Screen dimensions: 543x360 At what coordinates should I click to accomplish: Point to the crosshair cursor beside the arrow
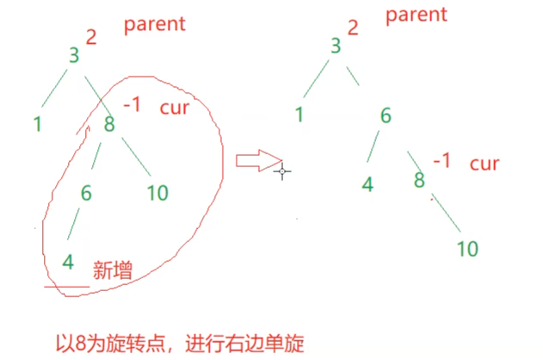click(x=282, y=171)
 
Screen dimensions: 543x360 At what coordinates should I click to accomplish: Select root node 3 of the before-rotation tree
click(x=74, y=56)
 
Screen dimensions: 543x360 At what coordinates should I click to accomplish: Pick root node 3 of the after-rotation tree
click(x=336, y=46)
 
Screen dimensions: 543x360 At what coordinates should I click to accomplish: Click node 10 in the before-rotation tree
click(x=157, y=191)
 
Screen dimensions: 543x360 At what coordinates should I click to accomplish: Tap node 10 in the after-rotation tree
click(x=466, y=249)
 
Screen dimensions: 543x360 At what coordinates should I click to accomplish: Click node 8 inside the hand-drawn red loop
click(x=109, y=124)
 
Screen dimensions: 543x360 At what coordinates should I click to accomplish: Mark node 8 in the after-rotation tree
click(x=419, y=181)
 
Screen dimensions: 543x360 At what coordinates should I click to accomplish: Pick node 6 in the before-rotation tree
click(x=86, y=193)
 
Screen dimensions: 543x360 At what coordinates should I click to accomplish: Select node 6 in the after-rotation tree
click(x=386, y=117)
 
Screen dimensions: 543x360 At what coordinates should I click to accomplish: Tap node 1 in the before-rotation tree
click(x=37, y=123)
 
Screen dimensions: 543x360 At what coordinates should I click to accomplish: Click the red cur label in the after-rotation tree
click(x=484, y=164)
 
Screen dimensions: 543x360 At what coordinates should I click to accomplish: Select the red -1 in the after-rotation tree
click(x=441, y=161)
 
